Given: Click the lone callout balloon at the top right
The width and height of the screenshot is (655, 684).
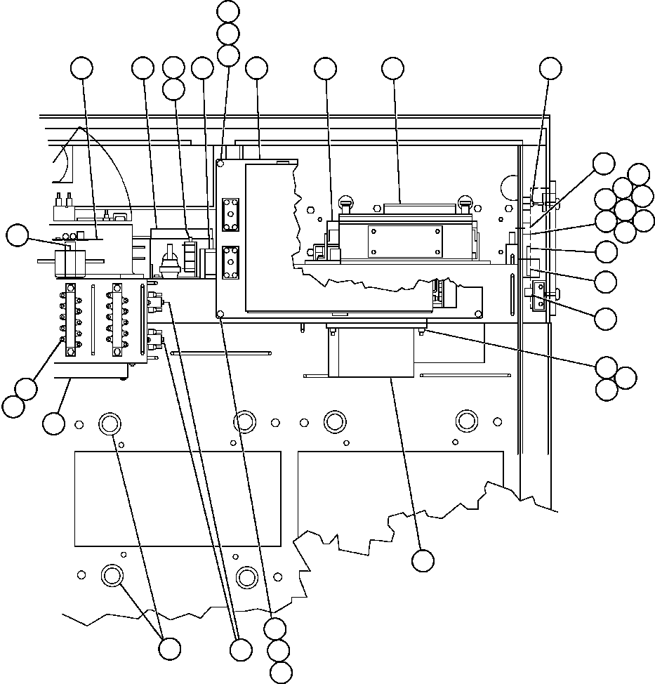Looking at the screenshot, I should (551, 68).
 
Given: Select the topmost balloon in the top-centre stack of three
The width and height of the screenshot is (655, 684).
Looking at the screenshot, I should (228, 11).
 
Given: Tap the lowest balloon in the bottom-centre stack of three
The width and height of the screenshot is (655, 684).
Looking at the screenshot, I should (281, 672).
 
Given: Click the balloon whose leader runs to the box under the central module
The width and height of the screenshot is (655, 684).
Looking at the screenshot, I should (422, 560).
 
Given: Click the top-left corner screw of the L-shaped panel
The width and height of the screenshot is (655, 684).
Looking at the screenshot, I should (220, 163).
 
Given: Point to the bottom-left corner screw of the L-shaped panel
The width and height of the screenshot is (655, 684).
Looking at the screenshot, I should (220, 315).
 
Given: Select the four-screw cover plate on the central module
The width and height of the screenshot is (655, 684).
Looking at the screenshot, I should (405, 241).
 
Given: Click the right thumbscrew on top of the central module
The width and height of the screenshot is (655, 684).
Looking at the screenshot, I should (463, 204).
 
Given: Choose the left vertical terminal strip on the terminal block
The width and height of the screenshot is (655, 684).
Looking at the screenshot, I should (71, 315).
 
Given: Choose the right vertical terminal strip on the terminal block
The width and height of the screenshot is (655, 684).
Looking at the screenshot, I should (117, 315).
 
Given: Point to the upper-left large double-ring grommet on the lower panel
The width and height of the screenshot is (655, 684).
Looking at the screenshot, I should (110, 423).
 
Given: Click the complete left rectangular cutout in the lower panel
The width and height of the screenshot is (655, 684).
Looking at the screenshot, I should (178, 499).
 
